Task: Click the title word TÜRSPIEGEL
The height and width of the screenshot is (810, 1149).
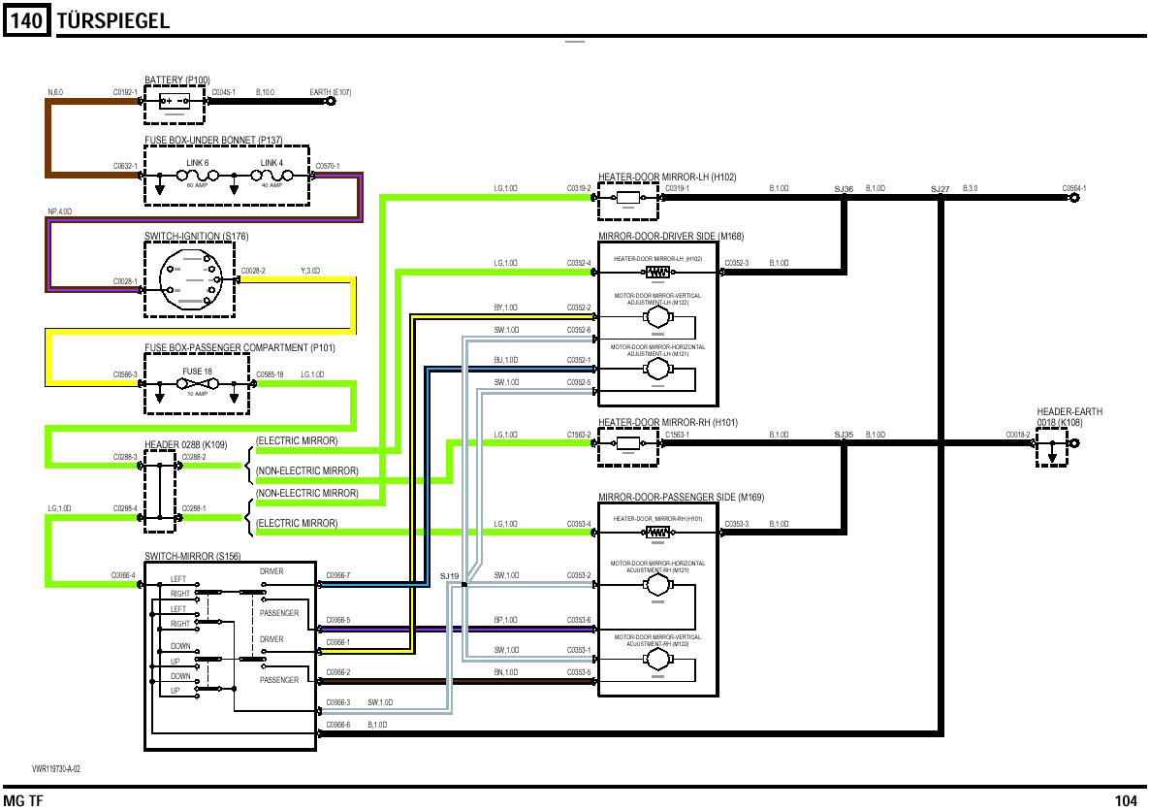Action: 113,20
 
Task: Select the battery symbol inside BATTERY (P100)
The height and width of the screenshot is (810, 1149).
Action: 175,101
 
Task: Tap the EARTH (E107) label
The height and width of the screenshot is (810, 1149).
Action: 330,92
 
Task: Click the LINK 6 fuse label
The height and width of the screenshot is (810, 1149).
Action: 198,162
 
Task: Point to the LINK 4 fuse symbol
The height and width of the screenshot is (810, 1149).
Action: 271,177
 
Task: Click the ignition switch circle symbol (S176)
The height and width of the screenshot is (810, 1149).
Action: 189,278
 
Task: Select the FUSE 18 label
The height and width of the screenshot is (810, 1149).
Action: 197,373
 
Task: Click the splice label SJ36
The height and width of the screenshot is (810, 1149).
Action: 844,188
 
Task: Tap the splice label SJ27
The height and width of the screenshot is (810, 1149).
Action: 940,188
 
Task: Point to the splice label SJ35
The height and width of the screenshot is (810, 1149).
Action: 844,435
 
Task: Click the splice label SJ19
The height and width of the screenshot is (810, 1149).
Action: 449,576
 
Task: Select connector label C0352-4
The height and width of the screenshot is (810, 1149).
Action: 578,263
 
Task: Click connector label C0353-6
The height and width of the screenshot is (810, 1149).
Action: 579,620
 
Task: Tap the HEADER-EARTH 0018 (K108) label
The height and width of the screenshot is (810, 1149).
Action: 1069,417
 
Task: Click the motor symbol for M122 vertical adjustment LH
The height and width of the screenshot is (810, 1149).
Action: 658,316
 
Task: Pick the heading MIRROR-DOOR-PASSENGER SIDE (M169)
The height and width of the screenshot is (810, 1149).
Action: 681,498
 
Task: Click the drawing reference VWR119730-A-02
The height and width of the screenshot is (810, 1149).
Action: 56,768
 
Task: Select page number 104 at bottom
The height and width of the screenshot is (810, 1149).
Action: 1126,800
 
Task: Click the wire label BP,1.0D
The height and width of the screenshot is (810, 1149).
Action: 506,620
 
